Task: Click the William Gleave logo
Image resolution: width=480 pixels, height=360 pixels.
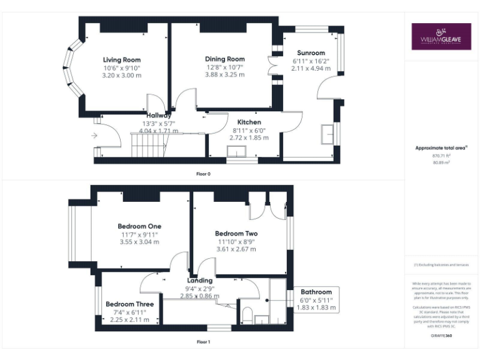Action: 441,37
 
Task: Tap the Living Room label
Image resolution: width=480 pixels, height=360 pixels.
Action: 122,60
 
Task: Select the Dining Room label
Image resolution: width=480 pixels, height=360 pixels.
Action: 224,59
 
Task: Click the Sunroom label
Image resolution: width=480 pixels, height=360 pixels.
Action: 311,53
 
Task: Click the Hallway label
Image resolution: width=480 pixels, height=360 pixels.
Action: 159,116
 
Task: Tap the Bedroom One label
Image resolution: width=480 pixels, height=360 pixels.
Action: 139,226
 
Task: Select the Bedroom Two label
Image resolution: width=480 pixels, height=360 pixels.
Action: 236,234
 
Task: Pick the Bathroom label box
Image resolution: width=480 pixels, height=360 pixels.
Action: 316,299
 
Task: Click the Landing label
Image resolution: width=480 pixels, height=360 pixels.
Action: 199,281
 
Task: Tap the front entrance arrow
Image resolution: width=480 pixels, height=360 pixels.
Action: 94,135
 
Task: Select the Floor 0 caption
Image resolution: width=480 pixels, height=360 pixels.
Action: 203,173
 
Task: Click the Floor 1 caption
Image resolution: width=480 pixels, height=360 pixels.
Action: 203,342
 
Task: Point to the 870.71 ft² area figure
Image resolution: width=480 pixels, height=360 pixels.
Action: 441,156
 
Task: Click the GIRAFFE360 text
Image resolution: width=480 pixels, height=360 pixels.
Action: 441,336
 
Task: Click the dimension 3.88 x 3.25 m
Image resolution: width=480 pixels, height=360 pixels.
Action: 225,74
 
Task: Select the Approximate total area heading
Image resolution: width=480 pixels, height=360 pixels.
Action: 441,148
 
